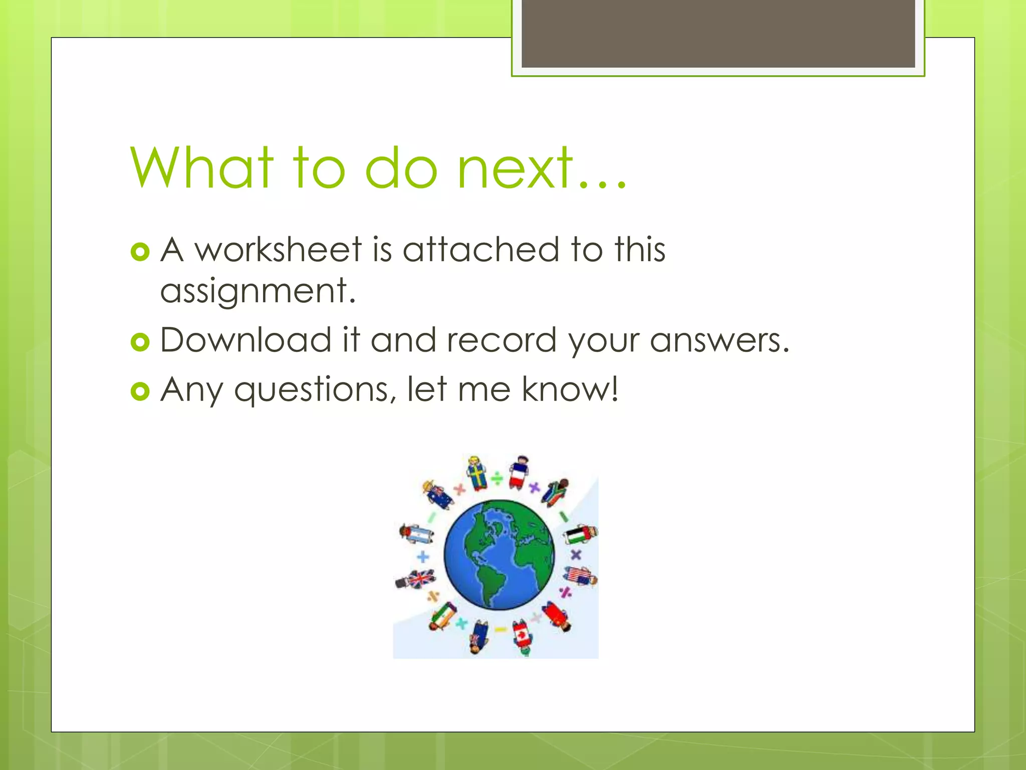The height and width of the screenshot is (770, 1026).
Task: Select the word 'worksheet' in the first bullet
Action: (x=278, y=249)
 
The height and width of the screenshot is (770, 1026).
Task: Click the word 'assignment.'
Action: (x=258, y=291)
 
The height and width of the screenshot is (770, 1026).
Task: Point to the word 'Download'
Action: (x=246, y=340)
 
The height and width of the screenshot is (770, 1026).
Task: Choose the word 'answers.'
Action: (x=719, y=340)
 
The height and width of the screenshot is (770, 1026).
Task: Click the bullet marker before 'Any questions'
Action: (x=140, y=391)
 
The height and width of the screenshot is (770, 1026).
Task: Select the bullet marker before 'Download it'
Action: (x=140, y=342)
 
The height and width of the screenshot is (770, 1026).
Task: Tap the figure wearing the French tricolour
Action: (x=519, y=472)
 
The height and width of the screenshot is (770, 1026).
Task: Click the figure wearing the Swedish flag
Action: (x=476, y=473)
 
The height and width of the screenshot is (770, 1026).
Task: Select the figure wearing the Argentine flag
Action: (x=417, y=533)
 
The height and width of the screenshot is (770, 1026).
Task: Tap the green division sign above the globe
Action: (x=497, y=479)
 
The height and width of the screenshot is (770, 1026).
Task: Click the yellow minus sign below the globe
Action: (x=500, y=629)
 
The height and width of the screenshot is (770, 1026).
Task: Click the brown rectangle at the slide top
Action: (x=718, y=33)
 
